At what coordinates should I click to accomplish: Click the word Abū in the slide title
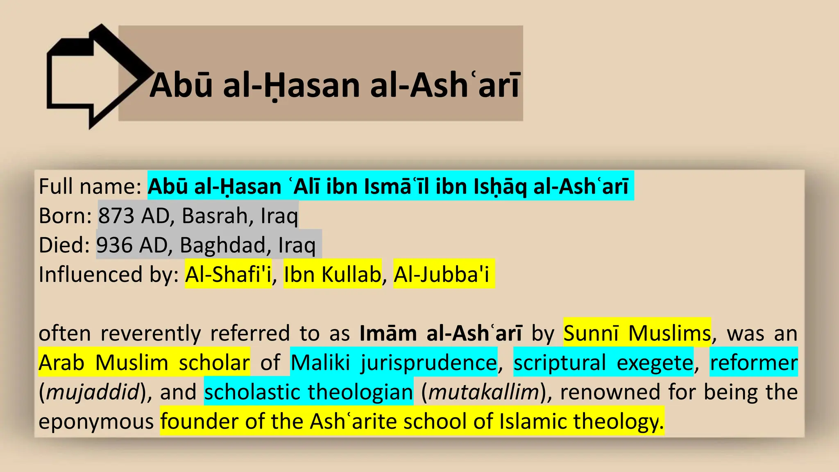tap(181, 85)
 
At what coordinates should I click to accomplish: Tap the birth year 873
tap(116, 216)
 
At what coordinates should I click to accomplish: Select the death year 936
tap(114, 245)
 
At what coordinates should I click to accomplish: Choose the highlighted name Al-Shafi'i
tap(228, 274)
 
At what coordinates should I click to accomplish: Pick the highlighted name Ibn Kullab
tap(332, 274)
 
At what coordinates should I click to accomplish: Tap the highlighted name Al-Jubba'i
tap(442, 274)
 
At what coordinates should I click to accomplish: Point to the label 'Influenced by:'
tap(109, 274)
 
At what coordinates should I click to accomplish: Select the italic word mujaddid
tap(93, 392)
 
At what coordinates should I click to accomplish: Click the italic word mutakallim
tap(483, 392)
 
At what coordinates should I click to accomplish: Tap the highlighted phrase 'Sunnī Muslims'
tap(637, 333)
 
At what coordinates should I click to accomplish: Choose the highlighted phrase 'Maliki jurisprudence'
tap(394, 363)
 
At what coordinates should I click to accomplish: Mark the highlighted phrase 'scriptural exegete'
tap(603, 363)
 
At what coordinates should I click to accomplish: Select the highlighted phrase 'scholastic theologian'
tap(308, 392)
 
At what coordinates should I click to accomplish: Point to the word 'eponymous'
tap(96, 422)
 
